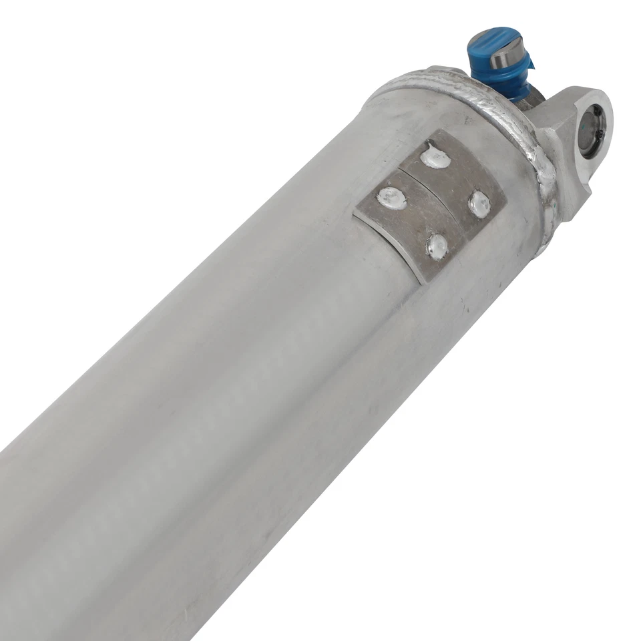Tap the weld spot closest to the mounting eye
tap(479, 204)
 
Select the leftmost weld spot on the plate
tap(391, 197)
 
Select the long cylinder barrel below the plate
tap(200, 434)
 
